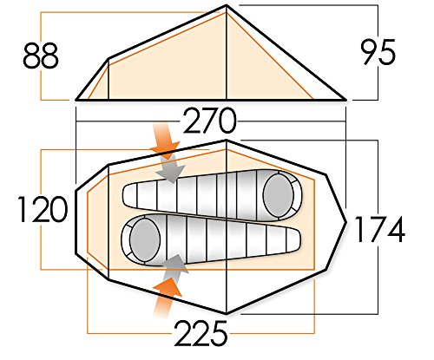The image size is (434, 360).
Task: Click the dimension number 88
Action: pos(41,56)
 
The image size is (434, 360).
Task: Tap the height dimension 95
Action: pos(378,52)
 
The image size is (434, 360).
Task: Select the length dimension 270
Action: pos(210,121)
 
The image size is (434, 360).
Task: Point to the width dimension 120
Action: pos(43,209)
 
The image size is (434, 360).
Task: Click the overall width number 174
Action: pos(379,229)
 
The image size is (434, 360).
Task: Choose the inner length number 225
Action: pos(201,333)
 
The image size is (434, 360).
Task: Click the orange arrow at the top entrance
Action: pos(164,141)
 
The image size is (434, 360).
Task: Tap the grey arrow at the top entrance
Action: pos(171,168)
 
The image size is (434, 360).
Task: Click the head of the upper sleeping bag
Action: pos(279,195)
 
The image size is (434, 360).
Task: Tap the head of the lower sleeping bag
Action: pos(145,239)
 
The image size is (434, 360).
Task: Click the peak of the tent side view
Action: pos(227,5)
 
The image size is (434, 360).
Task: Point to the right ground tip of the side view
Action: pos(346,100)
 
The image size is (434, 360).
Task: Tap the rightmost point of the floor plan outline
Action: pos(346,222)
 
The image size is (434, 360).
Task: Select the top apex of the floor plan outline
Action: pos(227,141)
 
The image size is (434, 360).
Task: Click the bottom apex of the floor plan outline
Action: pos(227,313)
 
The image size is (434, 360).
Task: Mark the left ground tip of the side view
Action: pos(76,100)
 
